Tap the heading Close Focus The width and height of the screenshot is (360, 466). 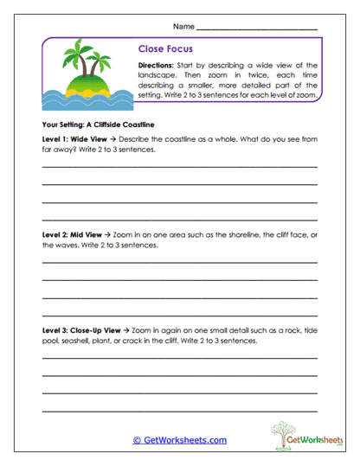pos(165,49)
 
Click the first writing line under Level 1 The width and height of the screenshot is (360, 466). pos(179,166)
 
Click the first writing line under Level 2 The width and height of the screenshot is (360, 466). pos(179,262)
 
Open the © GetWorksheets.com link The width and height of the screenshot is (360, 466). pos(179,440)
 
